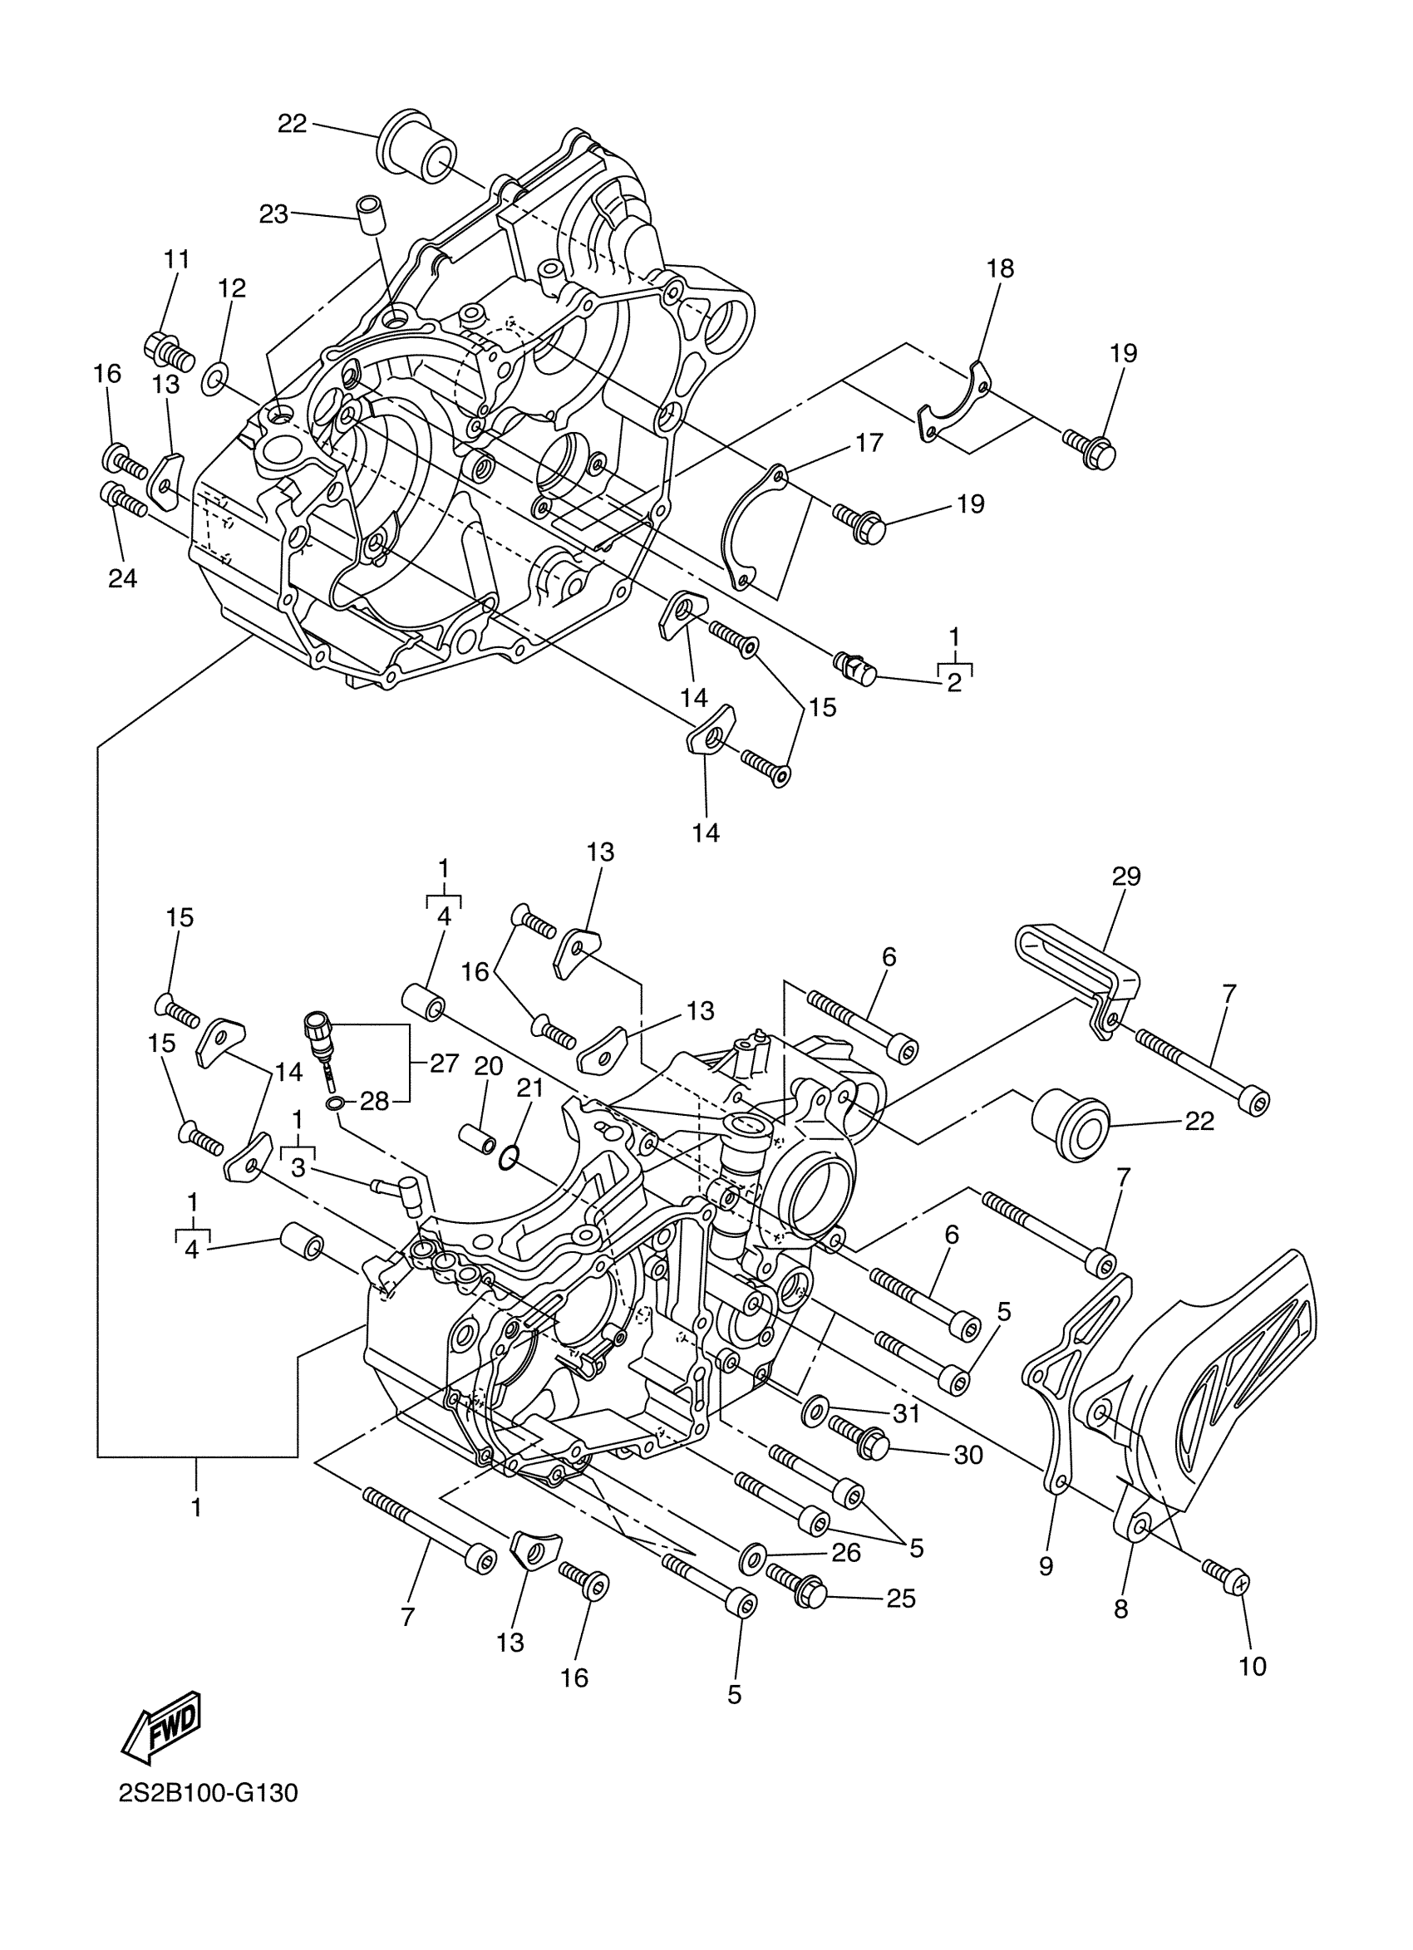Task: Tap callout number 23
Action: tap(273, 214)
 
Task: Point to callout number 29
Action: tap(1125, 877)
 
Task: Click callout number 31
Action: tap(907, 1413)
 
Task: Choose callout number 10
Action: tap(1253, 1667)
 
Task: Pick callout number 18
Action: tap(1000, 269)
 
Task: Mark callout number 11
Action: tap(176, 258)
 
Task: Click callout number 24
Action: tap(122, 578)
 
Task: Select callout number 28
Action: tap(375, 1103)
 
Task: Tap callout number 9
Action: tap(1046, 1566)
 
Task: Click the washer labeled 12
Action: tap(214, 378)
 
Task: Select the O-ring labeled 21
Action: tap(509, 1159)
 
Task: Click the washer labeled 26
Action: tap(754, 1555)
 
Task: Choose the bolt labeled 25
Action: tap(796, 1586)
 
